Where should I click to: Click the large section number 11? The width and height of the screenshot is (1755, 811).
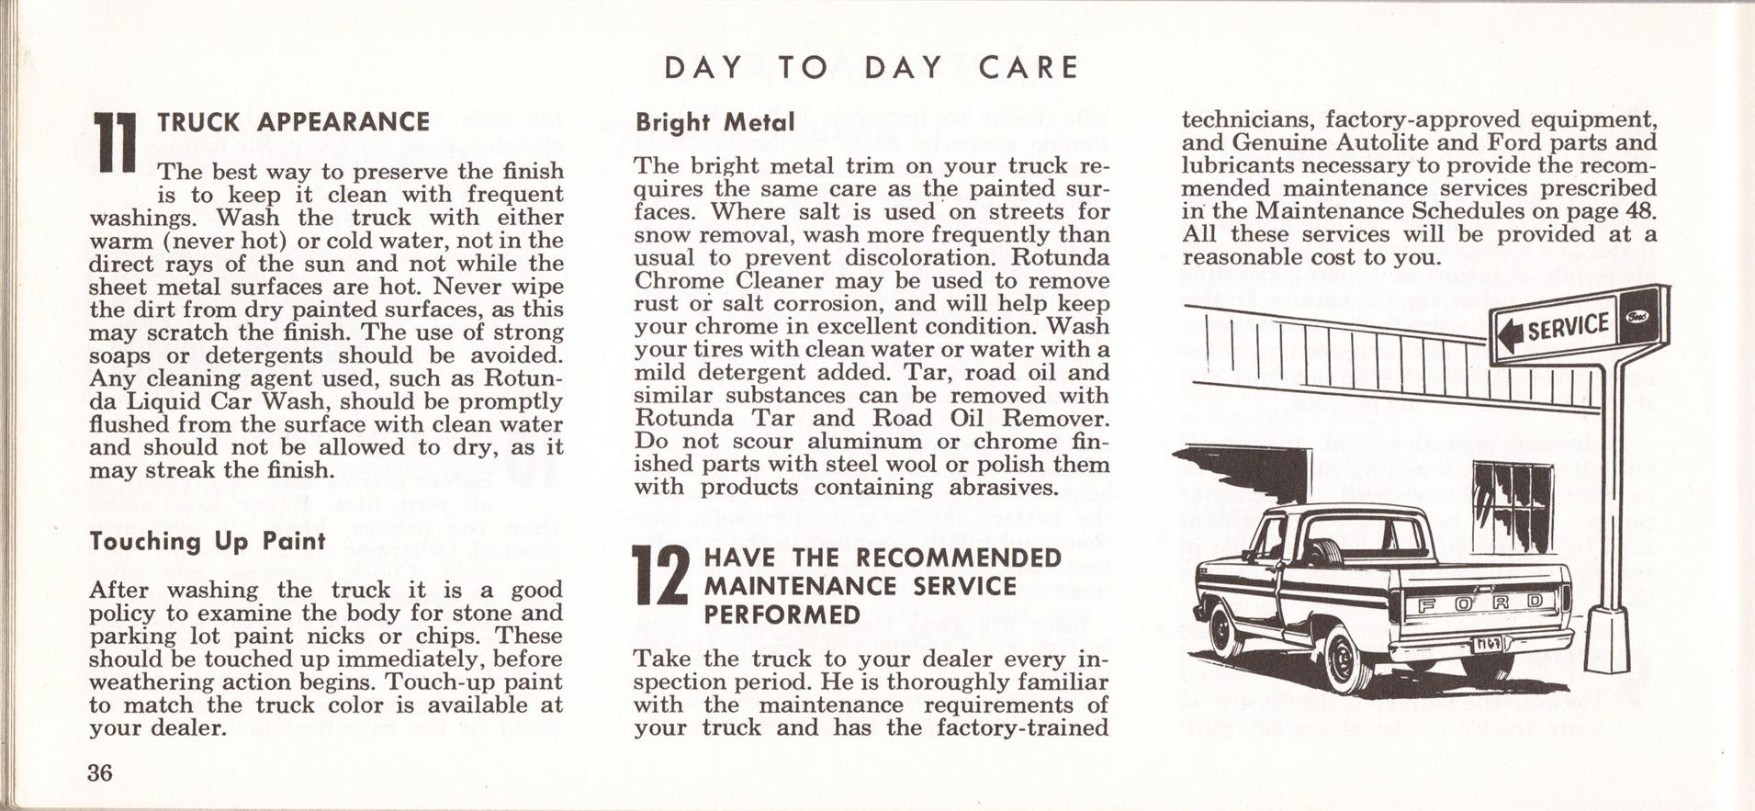[117, 145]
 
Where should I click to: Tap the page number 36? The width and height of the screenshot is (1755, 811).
[100, 772]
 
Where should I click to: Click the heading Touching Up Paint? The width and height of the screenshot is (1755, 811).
[208, 541]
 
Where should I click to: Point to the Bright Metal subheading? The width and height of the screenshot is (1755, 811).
[714, 122]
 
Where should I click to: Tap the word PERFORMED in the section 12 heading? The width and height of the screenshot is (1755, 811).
[782, 614]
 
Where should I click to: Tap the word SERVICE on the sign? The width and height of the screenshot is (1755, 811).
[1568, 327]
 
